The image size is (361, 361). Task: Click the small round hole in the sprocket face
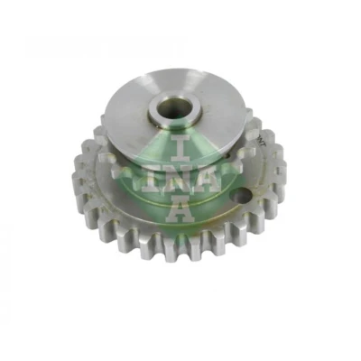[x=241, y=197]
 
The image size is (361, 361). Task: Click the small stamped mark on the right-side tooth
[x=277, y=172]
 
